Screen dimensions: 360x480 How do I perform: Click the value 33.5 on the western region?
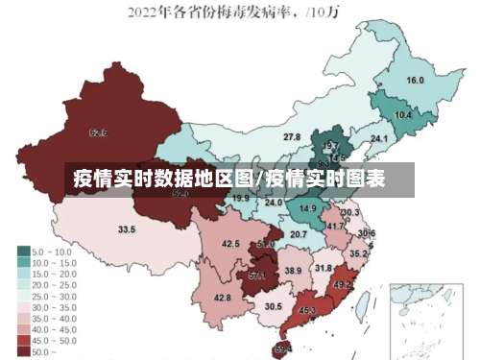coord(127,229)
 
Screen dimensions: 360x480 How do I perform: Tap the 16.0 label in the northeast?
coord(415,80)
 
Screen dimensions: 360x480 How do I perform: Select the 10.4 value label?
coord(403,115)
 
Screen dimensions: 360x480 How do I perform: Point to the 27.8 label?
coord(291,138)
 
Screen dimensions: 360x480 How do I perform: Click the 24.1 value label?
coord(379,140)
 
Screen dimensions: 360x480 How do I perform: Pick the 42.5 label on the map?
coord(230,244)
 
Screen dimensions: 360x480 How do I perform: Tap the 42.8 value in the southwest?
coord(222,299)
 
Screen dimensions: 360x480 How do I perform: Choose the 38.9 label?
coord(293,272)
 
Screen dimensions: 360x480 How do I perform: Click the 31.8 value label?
coord(324,268)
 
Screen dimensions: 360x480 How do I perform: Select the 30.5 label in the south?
coord(274,306)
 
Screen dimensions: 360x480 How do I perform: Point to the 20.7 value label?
coord(299,234)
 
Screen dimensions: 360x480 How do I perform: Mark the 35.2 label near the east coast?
coord(358,253)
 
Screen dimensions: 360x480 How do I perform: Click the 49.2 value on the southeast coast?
coord(343,285)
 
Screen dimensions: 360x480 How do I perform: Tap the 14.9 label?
coord(308,208)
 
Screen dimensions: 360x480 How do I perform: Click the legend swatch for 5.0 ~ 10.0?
coord(22,252)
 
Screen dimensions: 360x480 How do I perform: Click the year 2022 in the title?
coord(142,12)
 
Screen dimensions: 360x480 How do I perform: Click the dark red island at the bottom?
coord(282,349)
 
